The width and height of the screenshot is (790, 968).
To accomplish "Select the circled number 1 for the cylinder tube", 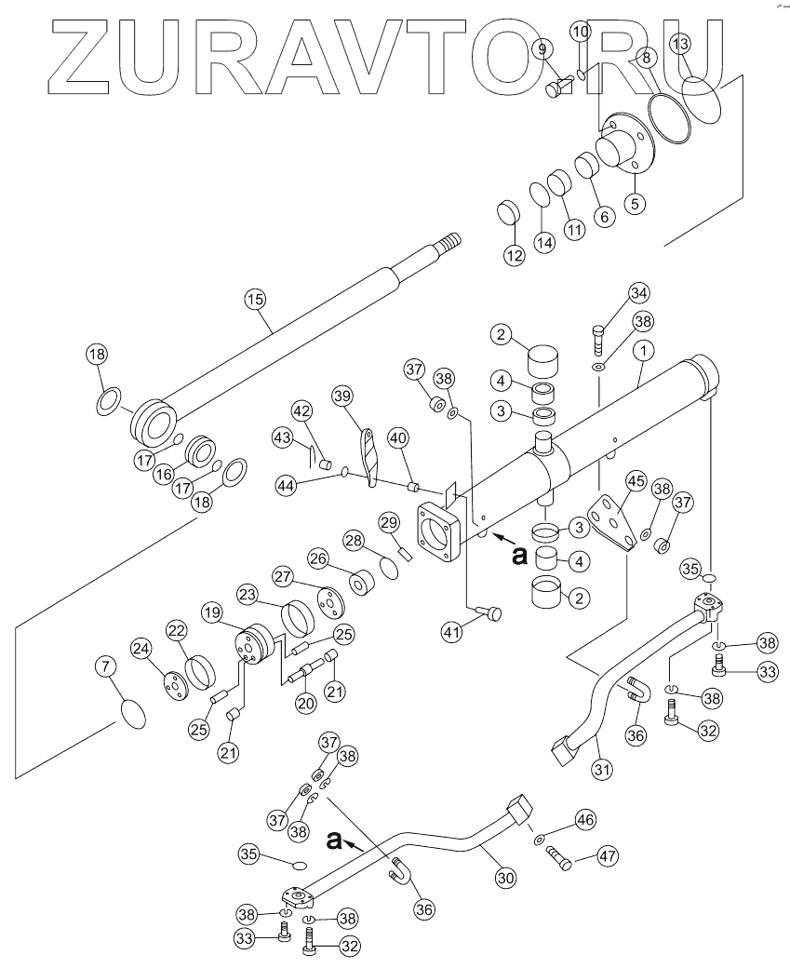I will (x=641, y=351).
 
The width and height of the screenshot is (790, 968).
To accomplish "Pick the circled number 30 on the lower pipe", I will (x=505, y=876).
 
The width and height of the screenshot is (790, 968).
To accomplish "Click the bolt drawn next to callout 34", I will (x=597, y=336).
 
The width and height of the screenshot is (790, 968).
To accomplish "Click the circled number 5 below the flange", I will (x=635, y=201).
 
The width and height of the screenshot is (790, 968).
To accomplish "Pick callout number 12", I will (x=515, y=255).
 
